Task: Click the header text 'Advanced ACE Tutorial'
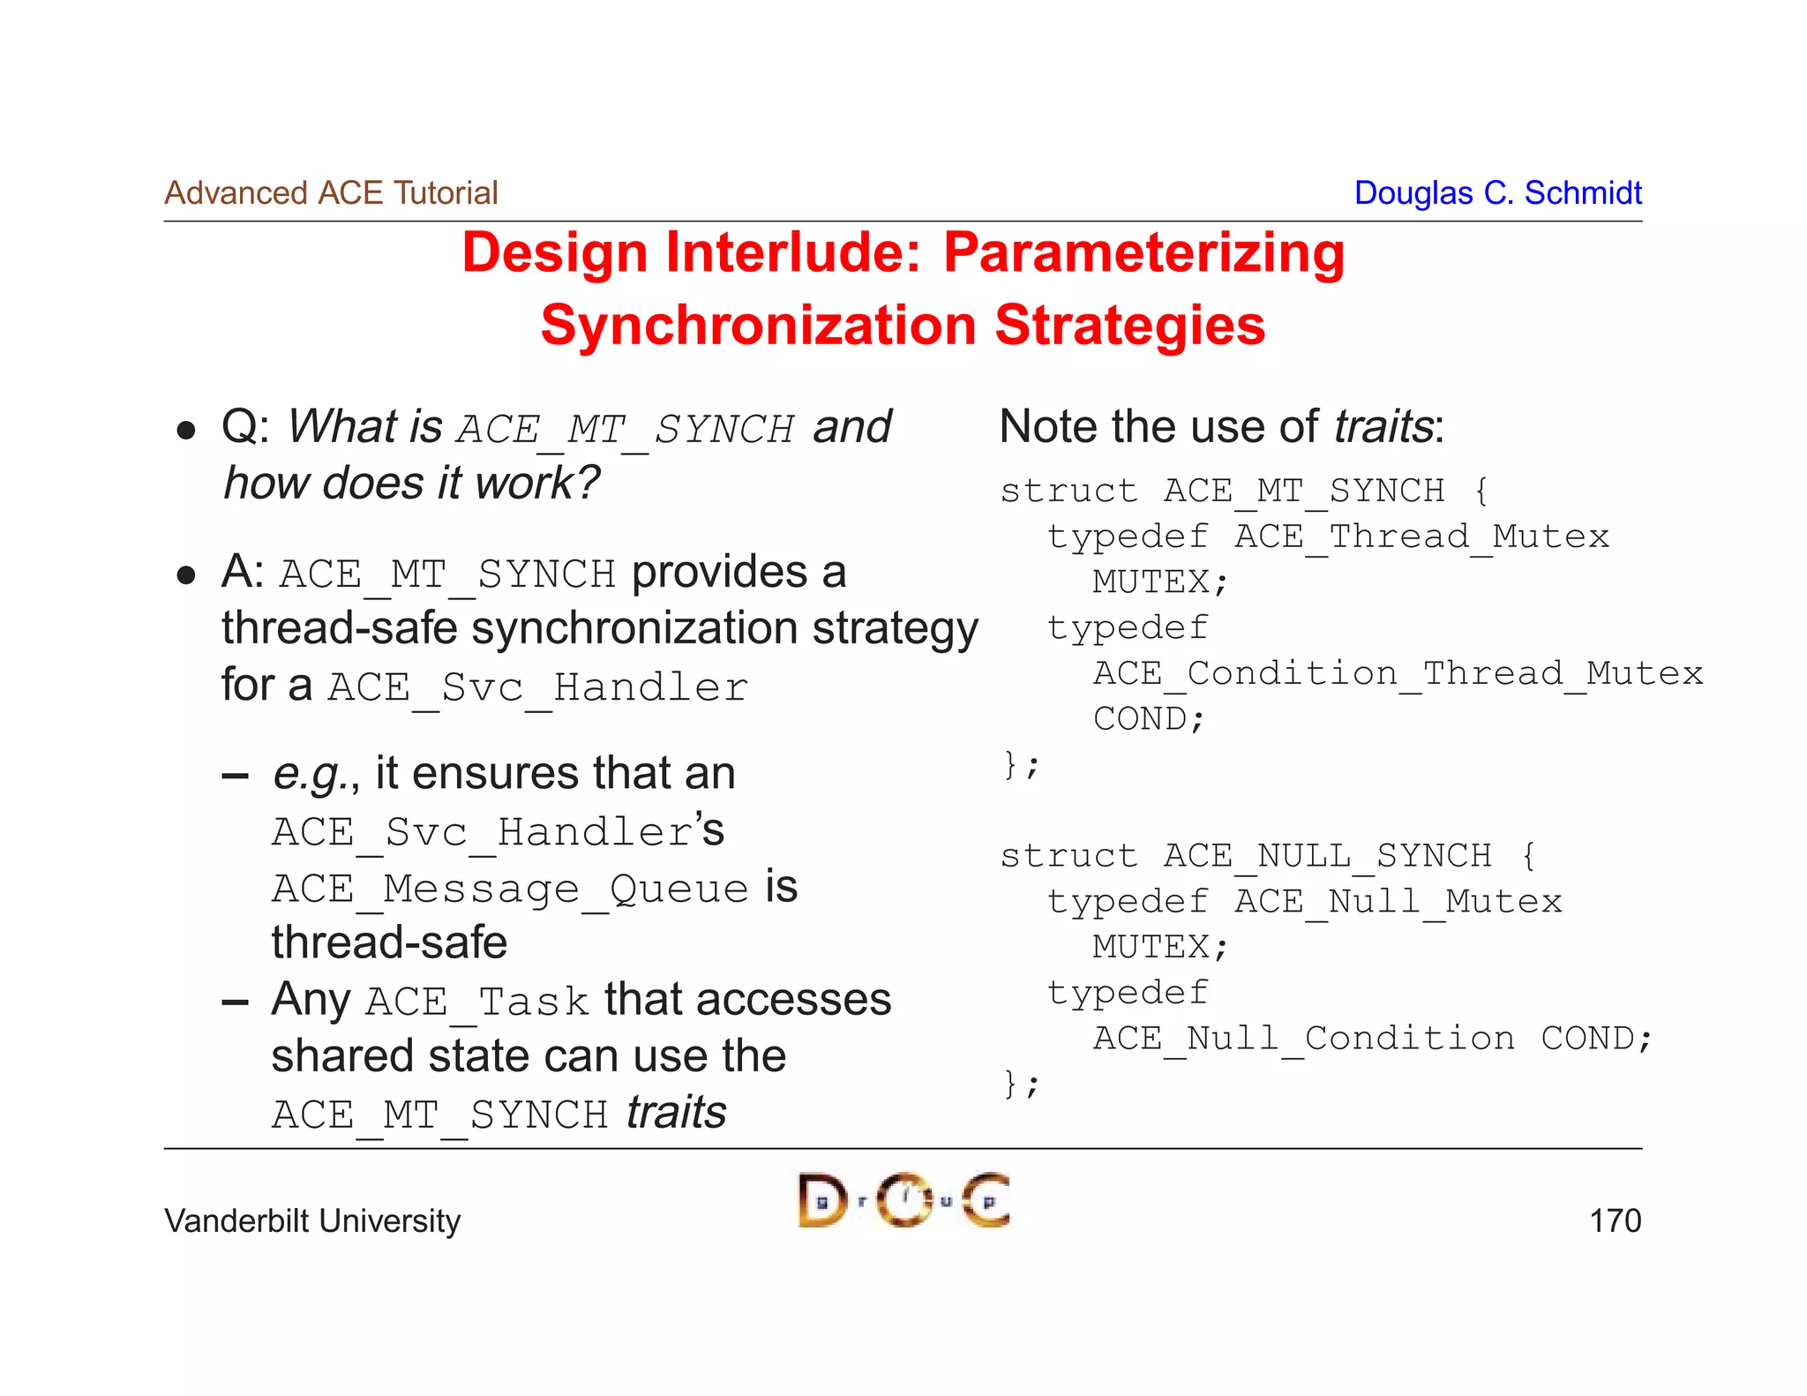coord(331,192)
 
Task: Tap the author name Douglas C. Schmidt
coord(1497,192)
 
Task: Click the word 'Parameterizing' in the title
coord(1143,253)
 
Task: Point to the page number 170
coord(1615,1220)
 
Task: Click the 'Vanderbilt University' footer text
coord(312,1220)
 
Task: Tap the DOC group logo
coord(903,1200)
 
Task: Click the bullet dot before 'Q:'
coord(185,430)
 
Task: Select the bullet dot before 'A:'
coord(185,575)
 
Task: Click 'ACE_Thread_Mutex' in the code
coord(1421,537)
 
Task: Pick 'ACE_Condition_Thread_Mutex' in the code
coord(1398,673)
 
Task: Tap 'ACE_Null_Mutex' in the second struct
coord(1398,902)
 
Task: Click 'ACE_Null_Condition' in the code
coord(1304,1039)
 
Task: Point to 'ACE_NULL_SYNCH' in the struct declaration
coord(1327,856)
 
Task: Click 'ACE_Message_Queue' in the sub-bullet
coord(510,889)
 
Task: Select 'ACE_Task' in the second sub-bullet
coord(476,1002)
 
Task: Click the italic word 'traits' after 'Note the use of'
coord(1383,427)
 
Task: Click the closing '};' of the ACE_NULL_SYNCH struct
coord(1021,1083)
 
